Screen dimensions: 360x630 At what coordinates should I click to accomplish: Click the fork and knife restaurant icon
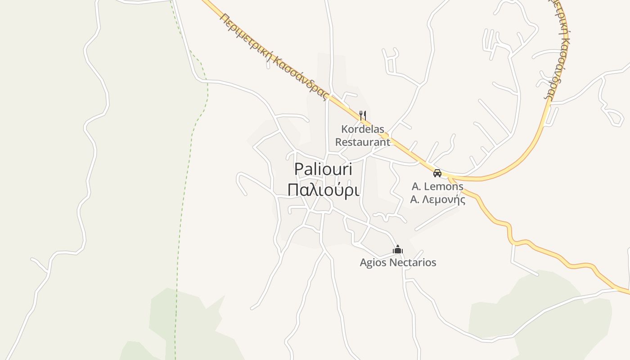click(x=363, y=116)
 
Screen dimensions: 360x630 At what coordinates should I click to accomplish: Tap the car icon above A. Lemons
click(x=437, y=173)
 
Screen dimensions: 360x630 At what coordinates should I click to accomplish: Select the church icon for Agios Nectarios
click(x=398, y=249)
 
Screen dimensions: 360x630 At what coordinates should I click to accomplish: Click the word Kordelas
click(x=363, y=129)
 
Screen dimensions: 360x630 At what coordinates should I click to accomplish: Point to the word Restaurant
click(x=363, y=142)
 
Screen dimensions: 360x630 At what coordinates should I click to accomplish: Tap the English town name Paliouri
click(x=323, y=170)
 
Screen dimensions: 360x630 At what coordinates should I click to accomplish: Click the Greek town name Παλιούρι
click(x=324, y=190)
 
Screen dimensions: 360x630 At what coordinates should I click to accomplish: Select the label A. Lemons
click(x=437, y=186)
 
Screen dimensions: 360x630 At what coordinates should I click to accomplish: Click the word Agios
click(x=373, y=262)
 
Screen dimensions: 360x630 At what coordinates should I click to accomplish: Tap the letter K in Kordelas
click(x=344, y=129)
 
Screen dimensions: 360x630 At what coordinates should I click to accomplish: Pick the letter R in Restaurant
click(x=339, y=142)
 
